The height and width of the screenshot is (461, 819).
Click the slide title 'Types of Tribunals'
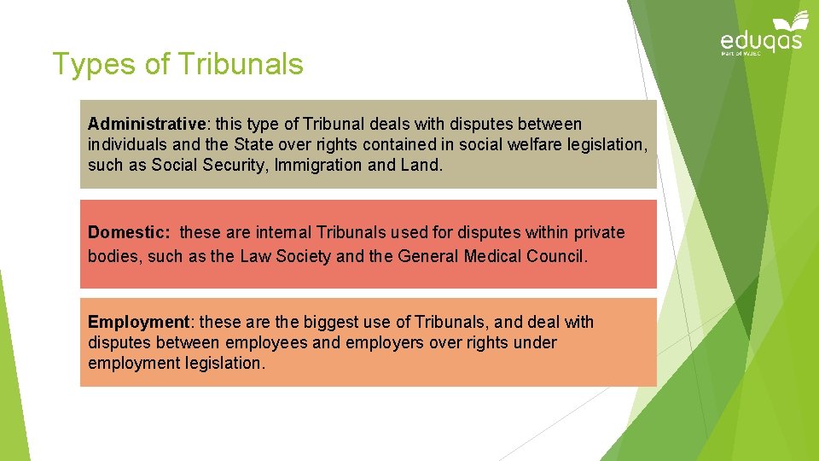(177, 64)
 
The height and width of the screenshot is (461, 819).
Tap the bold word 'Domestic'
(127, 232)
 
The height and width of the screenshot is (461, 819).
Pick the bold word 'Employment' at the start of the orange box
(138, 322)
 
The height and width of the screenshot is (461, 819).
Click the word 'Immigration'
(318, 166)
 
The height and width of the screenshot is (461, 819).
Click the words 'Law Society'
(285, 256)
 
